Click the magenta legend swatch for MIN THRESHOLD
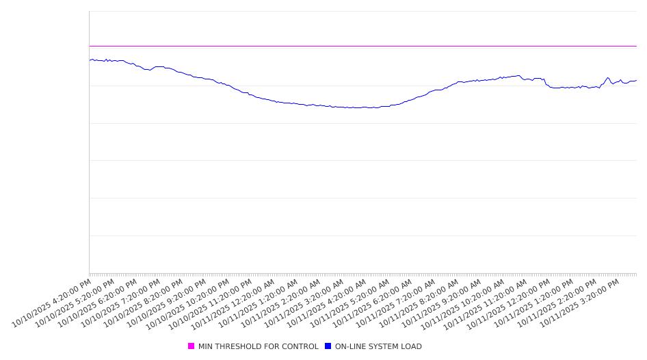click(192, 346)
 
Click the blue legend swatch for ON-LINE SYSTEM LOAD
click(328, 346)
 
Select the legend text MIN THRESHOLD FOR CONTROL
click(258, 346)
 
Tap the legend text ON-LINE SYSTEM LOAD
click(378, 346)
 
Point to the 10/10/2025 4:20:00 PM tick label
click(52, 302)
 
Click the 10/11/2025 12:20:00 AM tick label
click(235, 302)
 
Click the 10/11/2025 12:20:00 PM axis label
click(512, 302)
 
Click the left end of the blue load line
click(90, 60)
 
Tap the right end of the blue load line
click(636, 81)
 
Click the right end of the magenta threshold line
click(636, 46)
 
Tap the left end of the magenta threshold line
click(90, 46)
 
